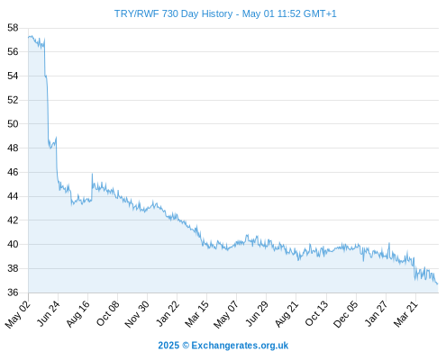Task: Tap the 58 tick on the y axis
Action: tap(13, 28)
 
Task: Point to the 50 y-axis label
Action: tap(13, 123)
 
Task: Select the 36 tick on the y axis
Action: tap(13, 292)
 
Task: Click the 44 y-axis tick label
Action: tap(13, 196)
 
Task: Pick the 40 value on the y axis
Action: tap(13, 244)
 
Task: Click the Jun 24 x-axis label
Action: tap(49, 313)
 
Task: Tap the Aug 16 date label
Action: tap(77, 313)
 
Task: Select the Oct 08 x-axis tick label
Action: tap(107, 313)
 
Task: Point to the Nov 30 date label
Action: tap(137, 314)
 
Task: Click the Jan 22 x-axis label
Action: tap(168, 313)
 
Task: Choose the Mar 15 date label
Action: tap(196, 313)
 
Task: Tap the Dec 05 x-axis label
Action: tap(346, 314)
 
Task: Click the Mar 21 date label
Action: tap(405, 313)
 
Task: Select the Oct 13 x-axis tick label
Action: tap(316, 313)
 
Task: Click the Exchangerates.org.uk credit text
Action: tap(240, 346)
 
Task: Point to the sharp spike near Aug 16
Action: tap(92, 174)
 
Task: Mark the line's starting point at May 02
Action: tap(29, 38)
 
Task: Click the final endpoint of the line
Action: tap(438, 283)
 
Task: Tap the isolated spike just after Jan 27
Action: tap(389, 243)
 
